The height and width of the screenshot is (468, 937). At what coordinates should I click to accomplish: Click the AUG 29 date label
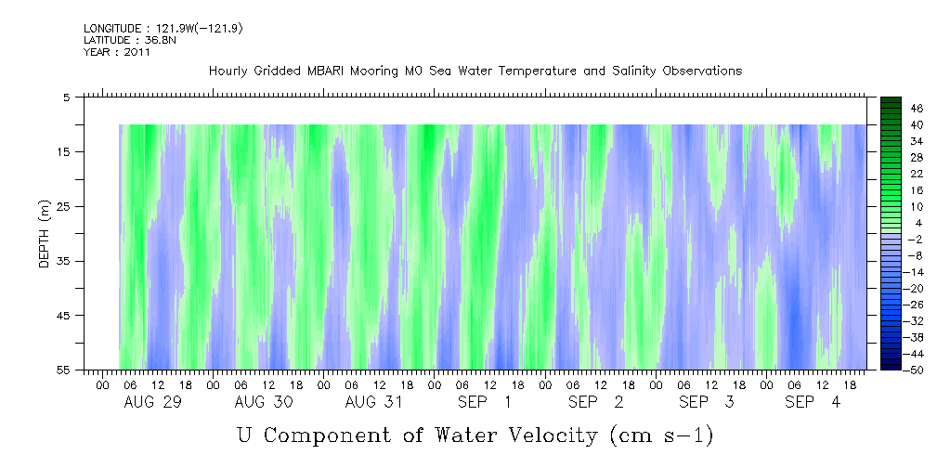point(152,402)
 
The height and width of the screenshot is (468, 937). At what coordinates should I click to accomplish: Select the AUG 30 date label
point(263,402)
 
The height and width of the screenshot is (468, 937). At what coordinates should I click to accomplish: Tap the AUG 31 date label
point(373,402)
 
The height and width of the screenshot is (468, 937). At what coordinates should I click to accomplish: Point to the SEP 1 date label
point(484,402)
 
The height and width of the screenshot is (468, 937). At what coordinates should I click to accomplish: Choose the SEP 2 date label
point(595,402)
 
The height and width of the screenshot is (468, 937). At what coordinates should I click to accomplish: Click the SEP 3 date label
point(706,402)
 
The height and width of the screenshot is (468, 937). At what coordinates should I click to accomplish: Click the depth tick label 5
point(67,97)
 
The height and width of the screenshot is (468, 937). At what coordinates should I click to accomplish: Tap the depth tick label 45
point(64,316)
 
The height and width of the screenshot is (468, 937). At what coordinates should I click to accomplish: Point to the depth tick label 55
point(64,370)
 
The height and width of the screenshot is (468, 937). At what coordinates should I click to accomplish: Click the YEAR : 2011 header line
point(117,52)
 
